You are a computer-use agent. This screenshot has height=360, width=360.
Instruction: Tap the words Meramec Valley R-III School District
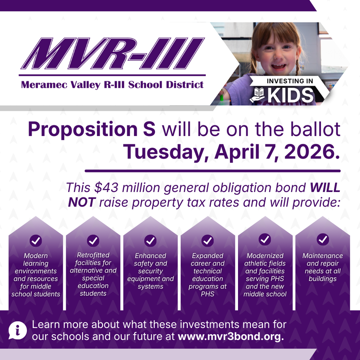pyautogui.click(x=112, y=85)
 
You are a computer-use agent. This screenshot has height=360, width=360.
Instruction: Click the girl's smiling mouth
pyautogui.click(x=278, y=66)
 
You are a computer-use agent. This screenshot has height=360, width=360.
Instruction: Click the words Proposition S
pyautogui.click(x=91, y=129)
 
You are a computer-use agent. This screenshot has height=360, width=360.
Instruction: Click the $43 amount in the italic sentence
pyautogui.click(x=104, y=187)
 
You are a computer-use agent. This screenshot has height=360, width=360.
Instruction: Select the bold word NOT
pyautogui.click(x=82, y=202)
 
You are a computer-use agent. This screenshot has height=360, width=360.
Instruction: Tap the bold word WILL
pyautogui.click(x=325, y=187)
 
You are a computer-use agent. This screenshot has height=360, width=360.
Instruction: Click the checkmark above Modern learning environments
pyautogui.click(x=36, y=241)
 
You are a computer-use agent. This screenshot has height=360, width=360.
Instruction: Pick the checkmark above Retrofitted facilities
pyautogui.click(x=93, y=241)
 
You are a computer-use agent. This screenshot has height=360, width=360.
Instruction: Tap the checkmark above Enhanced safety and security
pyautogui.click(x=150, y=241)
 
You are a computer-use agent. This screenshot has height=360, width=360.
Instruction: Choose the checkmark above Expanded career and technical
pyautogui.click(x=208, y=241)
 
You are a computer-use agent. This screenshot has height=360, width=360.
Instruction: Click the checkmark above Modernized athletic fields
pyautogui.click(x=265, y=240)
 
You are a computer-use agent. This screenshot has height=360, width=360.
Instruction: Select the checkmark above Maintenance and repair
pyautogui.click(x=322, y=240)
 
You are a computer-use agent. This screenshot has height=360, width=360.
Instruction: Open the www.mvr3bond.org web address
pyautogui.click(x=231, y=336)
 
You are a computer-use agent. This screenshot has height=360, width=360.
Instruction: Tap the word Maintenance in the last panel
pyautogui.click(x=322, y=256)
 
